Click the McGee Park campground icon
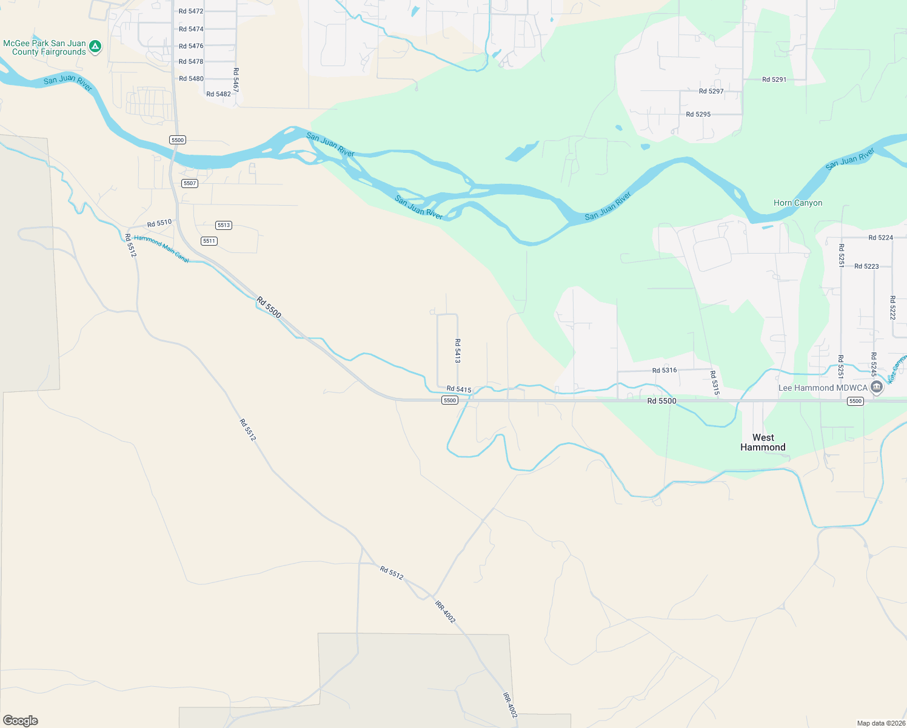(95, 47)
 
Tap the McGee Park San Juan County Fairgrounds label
(44, 48)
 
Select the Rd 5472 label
(191, 12)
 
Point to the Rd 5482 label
(218, 94)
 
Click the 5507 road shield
(190, 183)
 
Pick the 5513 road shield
(224, 225)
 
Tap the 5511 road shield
(209, 241)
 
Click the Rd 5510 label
(159, 224)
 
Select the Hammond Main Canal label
(161, 249)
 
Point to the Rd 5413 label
(458, 351)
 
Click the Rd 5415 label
(459, 389)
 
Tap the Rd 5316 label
(664, 370)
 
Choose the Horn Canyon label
(798, 203)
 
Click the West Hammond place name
(763, 442)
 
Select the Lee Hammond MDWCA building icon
(876, 387)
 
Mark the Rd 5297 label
(711, 92)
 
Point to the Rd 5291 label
(774, 79)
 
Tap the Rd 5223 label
(866, 266)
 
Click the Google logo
(21, 721)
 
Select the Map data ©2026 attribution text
(881, 723)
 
